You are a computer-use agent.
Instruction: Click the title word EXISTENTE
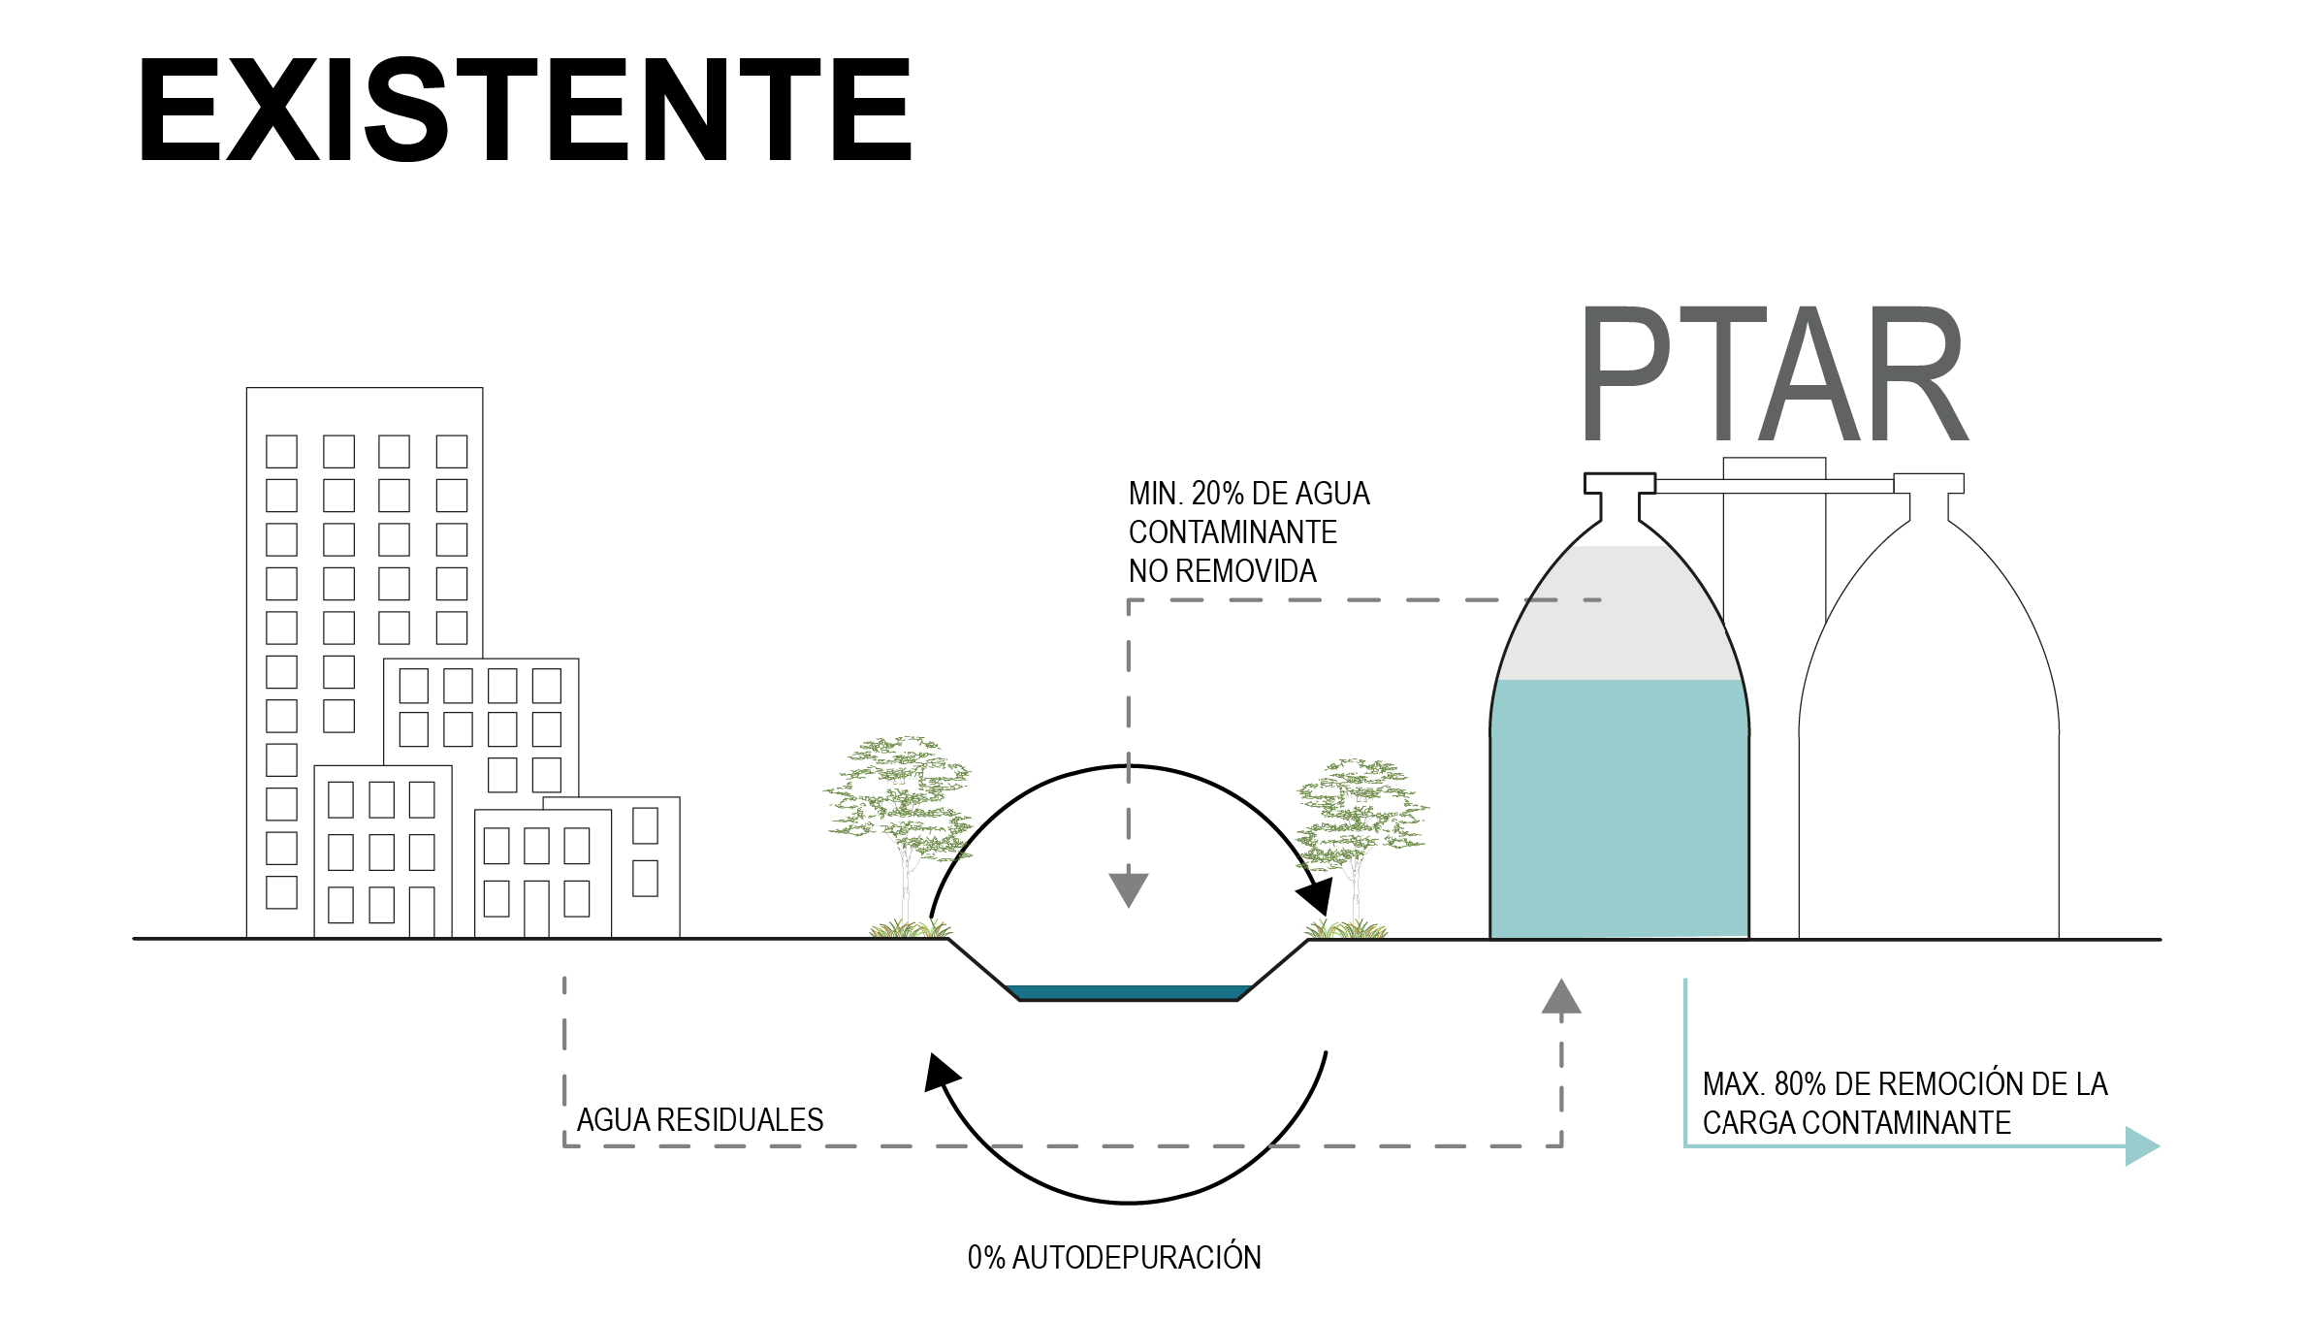click(525, 109)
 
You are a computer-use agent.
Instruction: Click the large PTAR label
click(1774, 374)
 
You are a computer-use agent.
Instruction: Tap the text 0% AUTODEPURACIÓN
click(1114, 1258)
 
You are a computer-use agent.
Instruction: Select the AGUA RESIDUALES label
click(699, 1120)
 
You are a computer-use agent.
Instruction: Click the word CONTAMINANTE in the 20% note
click(1233, 532)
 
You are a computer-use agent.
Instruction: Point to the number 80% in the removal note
click(1800, 1083)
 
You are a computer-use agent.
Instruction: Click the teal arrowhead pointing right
click(2141, 1145)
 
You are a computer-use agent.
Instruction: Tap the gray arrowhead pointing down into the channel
click(1128, 888)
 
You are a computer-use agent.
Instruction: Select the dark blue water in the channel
click(1128, 992)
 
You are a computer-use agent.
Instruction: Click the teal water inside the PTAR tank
click(1618, 805)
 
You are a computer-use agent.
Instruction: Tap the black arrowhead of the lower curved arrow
click(940, 1073)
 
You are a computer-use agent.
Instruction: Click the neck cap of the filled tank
click(1619, 483)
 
